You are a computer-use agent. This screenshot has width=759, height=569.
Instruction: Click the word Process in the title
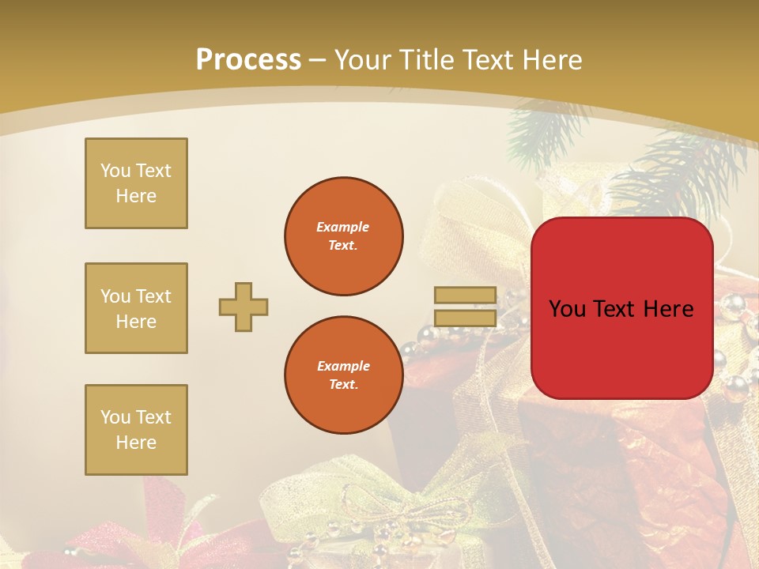coord(248,59)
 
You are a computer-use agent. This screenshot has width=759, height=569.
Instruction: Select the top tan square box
coord(136,183)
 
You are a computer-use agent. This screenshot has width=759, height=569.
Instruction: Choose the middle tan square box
coord(136,308)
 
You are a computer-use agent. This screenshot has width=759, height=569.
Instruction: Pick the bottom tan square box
coord(136,430)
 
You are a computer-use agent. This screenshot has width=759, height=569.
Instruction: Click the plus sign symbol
coord(244,307)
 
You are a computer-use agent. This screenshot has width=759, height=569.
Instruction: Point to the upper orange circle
coord(343,236)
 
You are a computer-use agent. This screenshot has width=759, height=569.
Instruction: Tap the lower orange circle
coord(343,375)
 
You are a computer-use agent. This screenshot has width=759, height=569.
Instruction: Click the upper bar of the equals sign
coord(466,296)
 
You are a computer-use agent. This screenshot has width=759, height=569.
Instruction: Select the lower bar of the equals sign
coord(466,318)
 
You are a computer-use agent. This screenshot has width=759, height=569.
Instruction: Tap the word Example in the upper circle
coord(343,227)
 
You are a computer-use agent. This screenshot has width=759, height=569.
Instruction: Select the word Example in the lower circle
coord(343,366)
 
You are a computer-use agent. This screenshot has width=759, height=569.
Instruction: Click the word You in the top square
coord(115,171)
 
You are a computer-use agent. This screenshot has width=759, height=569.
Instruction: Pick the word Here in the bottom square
coord(136,443)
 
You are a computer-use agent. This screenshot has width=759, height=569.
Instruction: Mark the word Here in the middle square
coord(136,322)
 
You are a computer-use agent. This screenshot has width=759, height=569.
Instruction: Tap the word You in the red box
coord(567,309)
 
